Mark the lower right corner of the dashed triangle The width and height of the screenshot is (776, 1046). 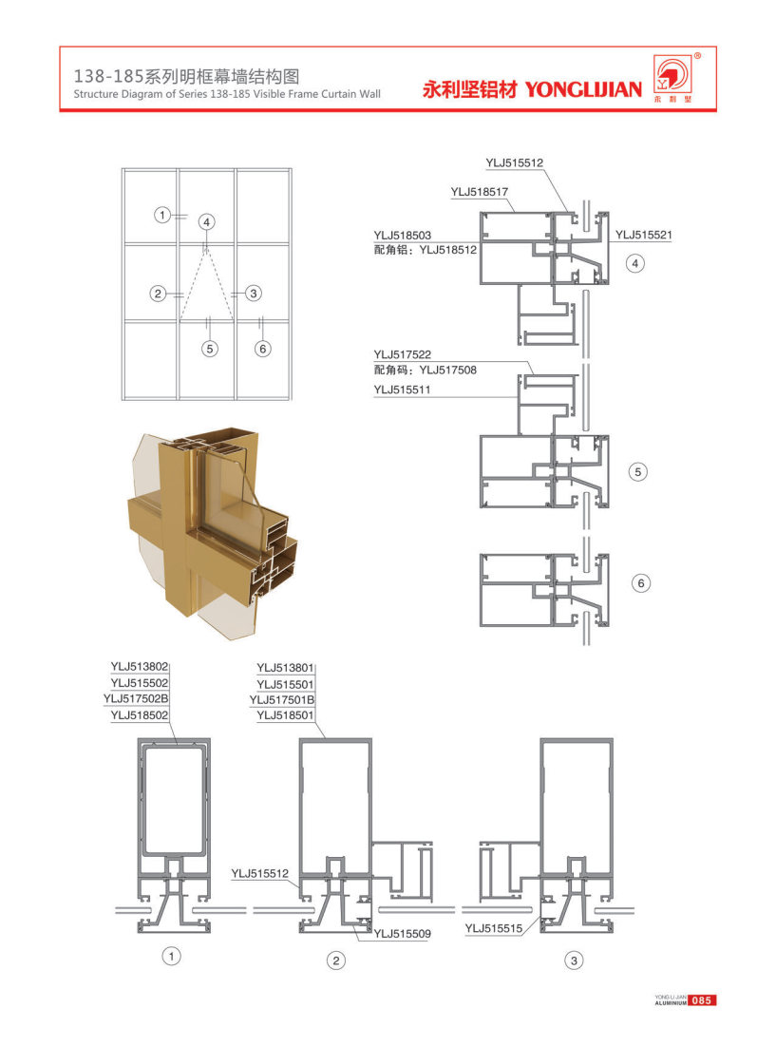point(234,321)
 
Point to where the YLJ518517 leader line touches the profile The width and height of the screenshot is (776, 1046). point(515,212)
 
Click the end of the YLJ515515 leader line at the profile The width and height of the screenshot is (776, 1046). point(540,914)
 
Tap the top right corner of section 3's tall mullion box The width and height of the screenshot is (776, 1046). point(613,739)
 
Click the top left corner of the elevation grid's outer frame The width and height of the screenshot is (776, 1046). point(122,169)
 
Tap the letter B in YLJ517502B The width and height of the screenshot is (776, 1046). point(164,698)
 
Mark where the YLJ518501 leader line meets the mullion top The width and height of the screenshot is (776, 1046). point(326,738)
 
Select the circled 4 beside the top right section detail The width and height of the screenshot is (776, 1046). point(635,263)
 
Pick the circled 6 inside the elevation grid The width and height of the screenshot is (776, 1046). point(263,349)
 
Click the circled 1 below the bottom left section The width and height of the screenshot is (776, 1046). point(171,957)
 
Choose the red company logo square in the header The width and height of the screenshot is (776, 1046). point(672,74)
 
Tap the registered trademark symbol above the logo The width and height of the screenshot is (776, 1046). point(697,56)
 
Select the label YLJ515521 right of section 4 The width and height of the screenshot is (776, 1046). point(643,235)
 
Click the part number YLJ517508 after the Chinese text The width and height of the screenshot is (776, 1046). point(448,371)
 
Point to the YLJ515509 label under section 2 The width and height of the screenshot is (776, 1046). point(402,934)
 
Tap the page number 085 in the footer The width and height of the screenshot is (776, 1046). point(701,1000)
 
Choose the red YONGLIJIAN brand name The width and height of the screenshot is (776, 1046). point(583,89)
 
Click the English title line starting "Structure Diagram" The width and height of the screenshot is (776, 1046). point(227,94)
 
